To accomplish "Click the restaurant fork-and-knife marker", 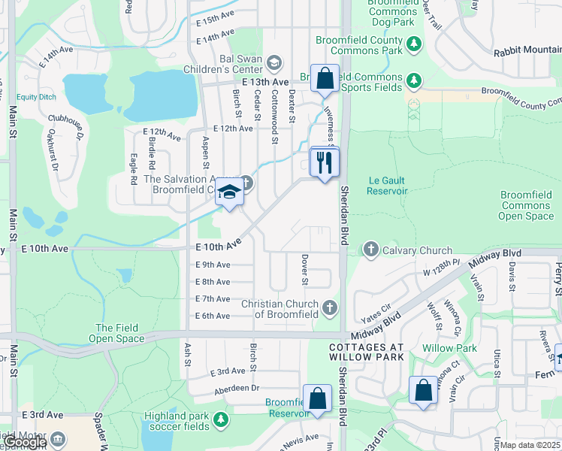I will tap(325, 162).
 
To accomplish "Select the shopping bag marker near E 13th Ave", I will tap(325, 78).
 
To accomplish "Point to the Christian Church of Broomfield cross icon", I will tap(329, 307).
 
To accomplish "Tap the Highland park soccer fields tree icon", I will tap(220, 418).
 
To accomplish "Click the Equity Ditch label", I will tap(38, 97).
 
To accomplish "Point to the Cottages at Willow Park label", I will tap(366, 353).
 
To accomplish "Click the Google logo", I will tap(24, 443).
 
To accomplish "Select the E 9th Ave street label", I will tap(213, 265).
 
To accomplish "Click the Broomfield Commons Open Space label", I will tap(527, 205).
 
